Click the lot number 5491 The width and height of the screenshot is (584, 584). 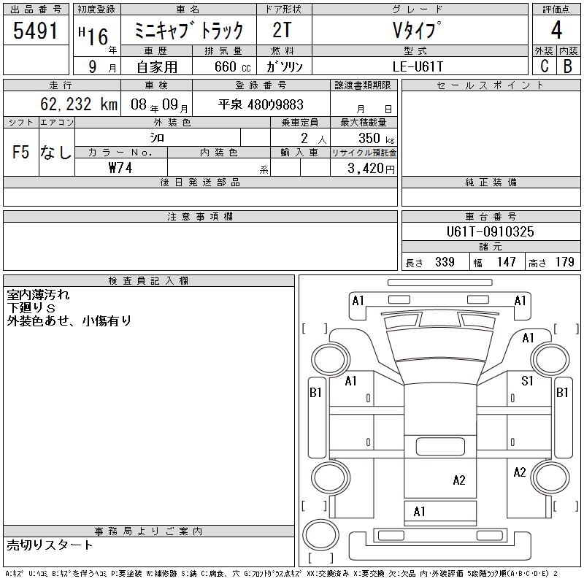tap(35, 31)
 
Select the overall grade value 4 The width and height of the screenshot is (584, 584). tap(556, 30)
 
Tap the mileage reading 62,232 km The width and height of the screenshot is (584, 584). tap(79, 104)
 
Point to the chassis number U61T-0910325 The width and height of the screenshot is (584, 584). tap(490, 231)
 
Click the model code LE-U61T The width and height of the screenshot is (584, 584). tap(418, 66)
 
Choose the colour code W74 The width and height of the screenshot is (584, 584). tap(120, 168)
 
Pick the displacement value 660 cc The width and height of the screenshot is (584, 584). tap(232, 66)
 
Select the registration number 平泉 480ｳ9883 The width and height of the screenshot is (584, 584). tap(261, 104)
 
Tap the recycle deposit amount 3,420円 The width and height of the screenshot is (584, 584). tap(371, 169)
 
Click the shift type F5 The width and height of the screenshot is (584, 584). tap(20, 152)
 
